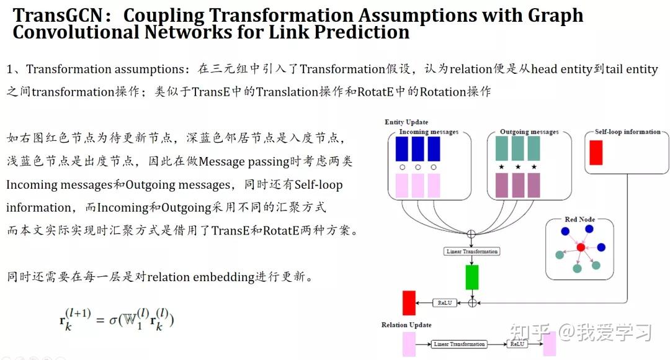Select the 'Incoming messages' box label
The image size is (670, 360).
tap(429, 132)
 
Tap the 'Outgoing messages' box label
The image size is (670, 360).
tap(529, 132)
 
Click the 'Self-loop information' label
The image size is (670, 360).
tap(628, 132)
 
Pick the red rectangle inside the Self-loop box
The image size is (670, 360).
tap(596, 153)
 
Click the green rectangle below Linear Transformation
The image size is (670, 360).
tap(472, 277)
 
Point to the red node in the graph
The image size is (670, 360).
tap(580, 248)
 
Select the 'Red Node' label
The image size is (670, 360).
tap(579, 220)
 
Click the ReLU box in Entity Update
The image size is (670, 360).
tap(444, 303)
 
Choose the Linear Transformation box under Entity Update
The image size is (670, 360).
tap(472, 251)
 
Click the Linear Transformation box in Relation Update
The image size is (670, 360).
tap(460, 344)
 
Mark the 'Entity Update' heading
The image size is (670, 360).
tap(406, 122)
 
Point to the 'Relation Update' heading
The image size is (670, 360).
tap(406, 325)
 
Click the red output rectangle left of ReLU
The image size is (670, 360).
tap(409, 303)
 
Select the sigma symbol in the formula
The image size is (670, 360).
tap(114, 320)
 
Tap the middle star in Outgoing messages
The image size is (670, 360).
tap(517, 168)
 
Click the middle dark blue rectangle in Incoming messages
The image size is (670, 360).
tap(418, 149)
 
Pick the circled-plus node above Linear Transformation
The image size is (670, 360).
tap(471, 234)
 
